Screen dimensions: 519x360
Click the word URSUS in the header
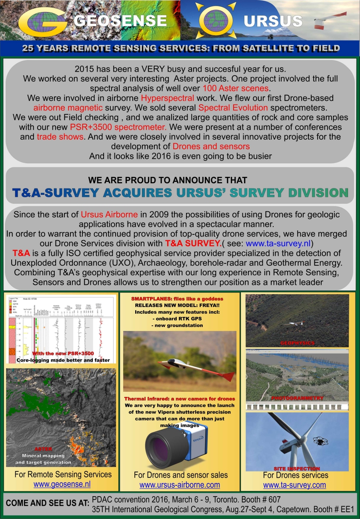[273, 21]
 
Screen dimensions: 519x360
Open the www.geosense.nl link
[62, 484]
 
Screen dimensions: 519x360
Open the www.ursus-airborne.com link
[180, 485]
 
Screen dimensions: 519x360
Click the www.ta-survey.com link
[294, 485]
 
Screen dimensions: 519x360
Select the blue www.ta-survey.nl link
[278, 243]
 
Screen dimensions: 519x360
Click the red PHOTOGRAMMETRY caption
[297, 398]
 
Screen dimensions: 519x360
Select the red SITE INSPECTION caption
[297, 469]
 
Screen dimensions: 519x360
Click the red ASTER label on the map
[43, 449]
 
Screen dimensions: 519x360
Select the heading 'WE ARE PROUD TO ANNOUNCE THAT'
[168, 180]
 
